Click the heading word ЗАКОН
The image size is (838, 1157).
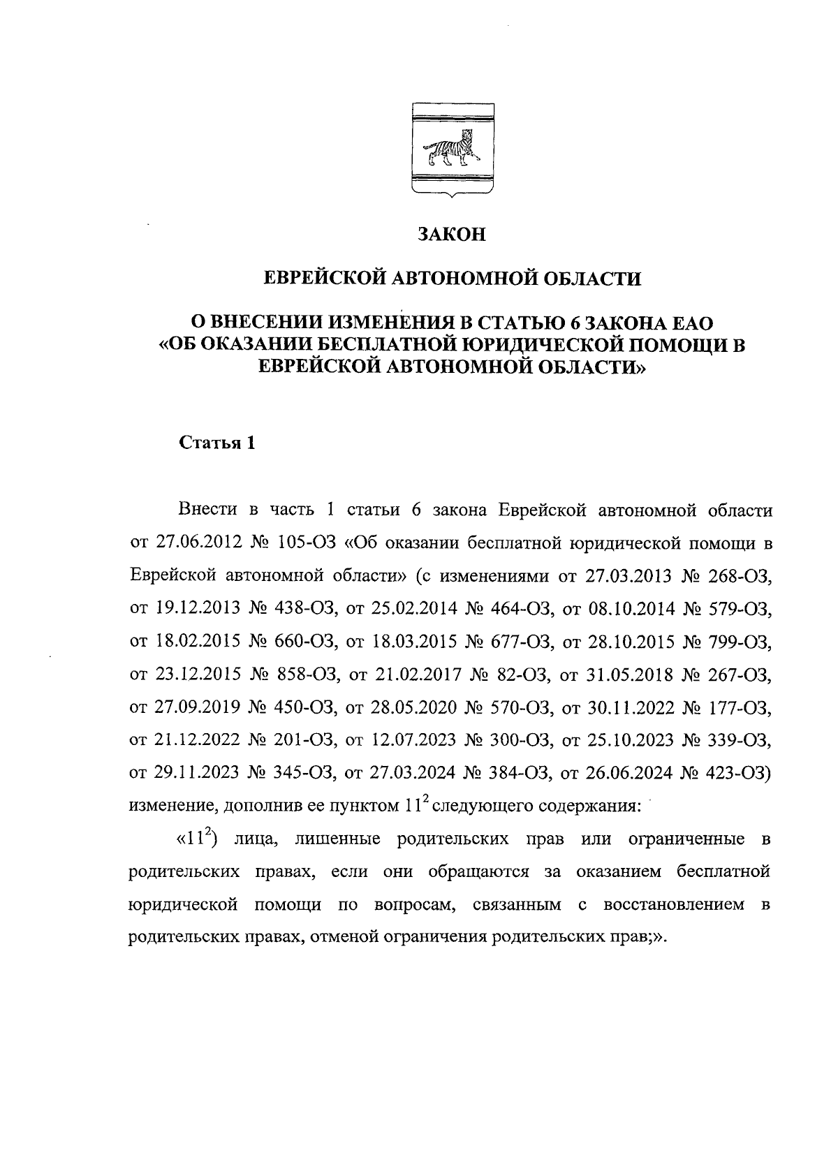pos(451,234)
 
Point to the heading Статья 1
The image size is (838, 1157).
pos(218,443)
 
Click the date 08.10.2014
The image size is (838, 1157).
pos(634,609)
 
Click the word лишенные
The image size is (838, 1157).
pos(337,839)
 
